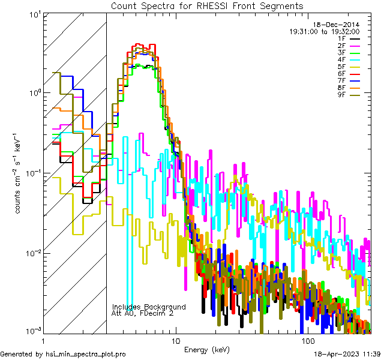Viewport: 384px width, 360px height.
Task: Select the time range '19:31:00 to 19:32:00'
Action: click(x=325, y=31)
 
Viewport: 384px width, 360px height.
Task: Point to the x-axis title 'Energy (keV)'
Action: click(x=206, y=349)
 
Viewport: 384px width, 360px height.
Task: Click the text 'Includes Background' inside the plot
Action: click(x=149, y=307)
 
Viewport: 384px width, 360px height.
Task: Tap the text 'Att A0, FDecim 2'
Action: click(x=143, y=313)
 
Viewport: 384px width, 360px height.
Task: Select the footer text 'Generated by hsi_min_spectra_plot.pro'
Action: click(x=63, y=355)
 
